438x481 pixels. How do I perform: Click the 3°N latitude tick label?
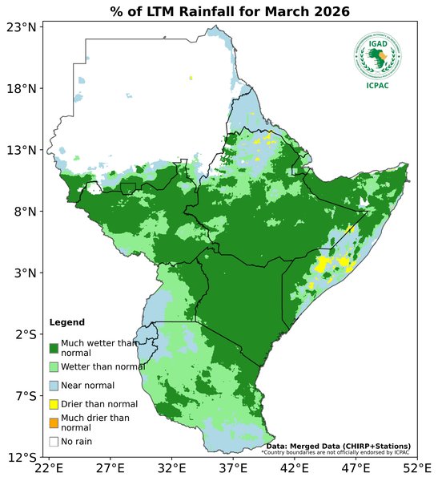[23, 273]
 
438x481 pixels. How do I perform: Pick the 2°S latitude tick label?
[23, 334]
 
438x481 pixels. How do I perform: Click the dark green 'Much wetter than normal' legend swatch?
[54, 348]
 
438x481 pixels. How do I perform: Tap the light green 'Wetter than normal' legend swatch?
[54, 366]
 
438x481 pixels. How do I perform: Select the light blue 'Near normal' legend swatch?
[54, 386]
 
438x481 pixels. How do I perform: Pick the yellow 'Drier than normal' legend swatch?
[54, 404]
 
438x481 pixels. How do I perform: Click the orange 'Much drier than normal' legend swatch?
[54, 422]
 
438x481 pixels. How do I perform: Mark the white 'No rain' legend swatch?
[54, 441]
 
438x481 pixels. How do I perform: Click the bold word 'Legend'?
[66, 322]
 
